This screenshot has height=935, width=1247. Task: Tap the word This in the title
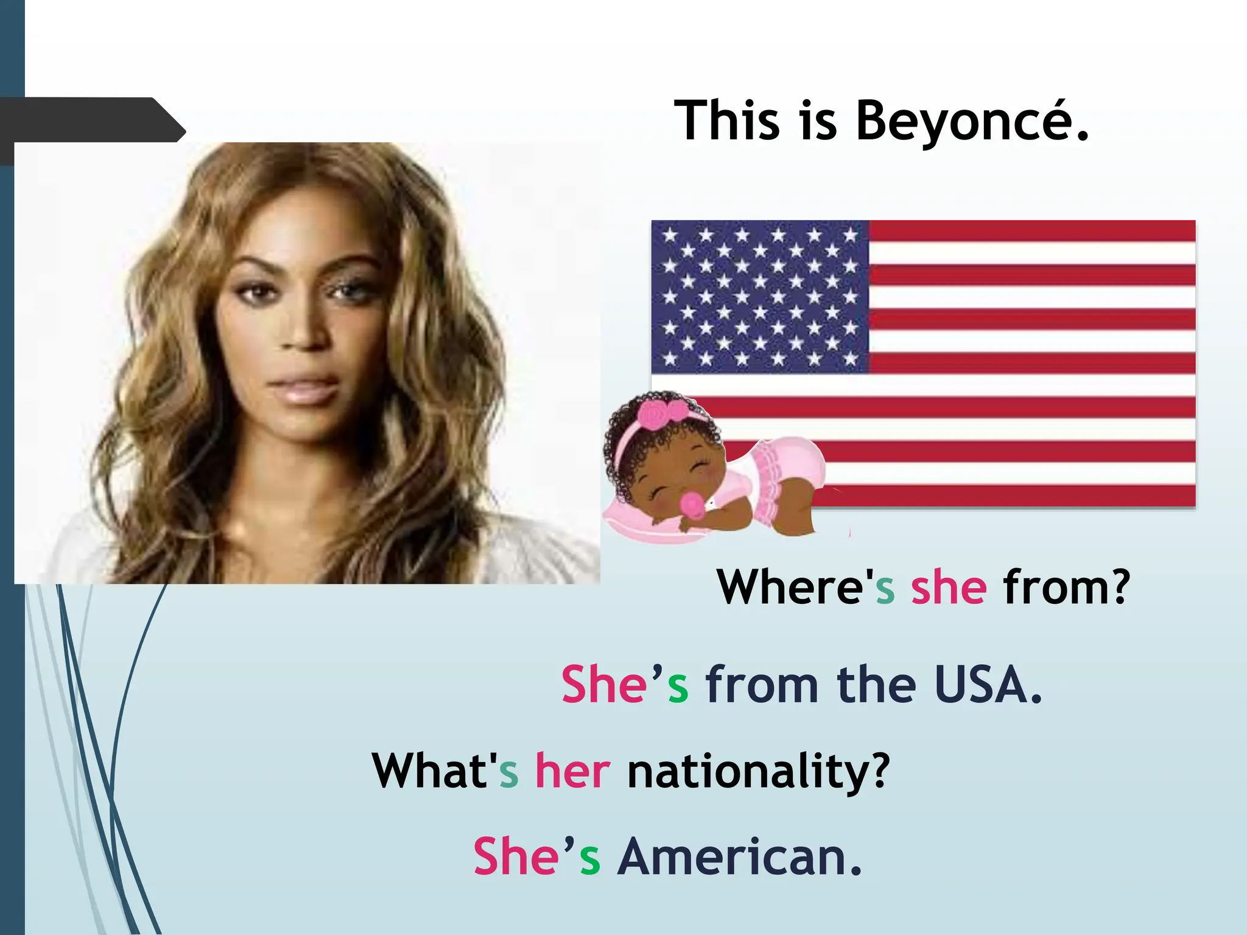pyautogui.click(x=727, y=121)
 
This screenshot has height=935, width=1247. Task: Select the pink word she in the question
pyautogui.click(x=948, y=587)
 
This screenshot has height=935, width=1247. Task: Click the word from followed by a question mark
pyautogui.click(x=1066, y=587)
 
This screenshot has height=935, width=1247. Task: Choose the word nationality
pyautogui.click(x=758, y=772)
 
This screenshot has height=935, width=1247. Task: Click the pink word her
pyautogui.click(x=572, y=771)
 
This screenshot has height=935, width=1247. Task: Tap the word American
pyautogui.click(x=739, y=856)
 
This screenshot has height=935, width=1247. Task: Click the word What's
pyautogui.click(x=444, y=771)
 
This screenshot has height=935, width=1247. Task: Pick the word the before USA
pyautogui.click(x=876, y=685)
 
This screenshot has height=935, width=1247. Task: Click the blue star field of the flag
pyautogui.click(x=760, y=297)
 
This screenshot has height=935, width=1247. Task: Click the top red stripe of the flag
pyautogui.click(x=1031, y=231)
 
